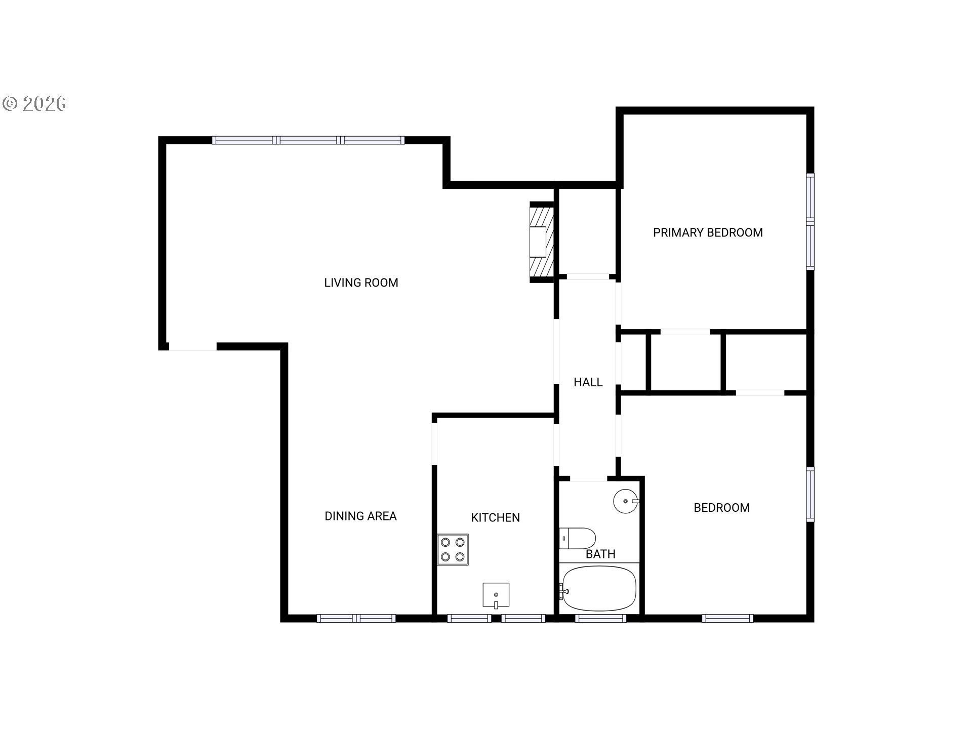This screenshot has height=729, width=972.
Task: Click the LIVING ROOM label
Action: pos(361,282)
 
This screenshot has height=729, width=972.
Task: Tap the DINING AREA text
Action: pos(360,516)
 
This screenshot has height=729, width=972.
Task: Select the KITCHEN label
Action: pos(495,517)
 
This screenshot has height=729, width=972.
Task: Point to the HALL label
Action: pos(588,382)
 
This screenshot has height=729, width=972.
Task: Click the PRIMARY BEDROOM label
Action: pos(708,233)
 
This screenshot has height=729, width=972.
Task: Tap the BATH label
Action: pos(600,554)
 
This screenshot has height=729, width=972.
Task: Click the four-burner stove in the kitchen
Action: pos(453,549)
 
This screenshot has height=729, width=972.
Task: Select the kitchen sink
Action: pos(496,595)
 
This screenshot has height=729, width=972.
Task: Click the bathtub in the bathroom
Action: pos(599,588)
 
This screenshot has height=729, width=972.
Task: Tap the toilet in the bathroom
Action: pos(577,539)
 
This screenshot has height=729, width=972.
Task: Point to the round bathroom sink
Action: pos(626,501)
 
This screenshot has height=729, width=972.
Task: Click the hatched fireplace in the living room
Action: pos(542,242)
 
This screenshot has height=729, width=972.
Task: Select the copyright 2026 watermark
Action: pos(34,103)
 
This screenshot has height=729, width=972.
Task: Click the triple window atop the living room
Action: pos(308,140)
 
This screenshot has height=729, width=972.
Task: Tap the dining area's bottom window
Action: pos(356,618)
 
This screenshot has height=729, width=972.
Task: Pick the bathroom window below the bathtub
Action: pos(601,618)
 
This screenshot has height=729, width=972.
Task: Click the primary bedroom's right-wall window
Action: pos(810,221)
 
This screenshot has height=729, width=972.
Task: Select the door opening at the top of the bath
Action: pos(589,478)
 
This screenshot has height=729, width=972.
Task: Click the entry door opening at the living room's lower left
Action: pos(193,347)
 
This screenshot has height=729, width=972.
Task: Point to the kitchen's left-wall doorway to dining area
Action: pos(434,443)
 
